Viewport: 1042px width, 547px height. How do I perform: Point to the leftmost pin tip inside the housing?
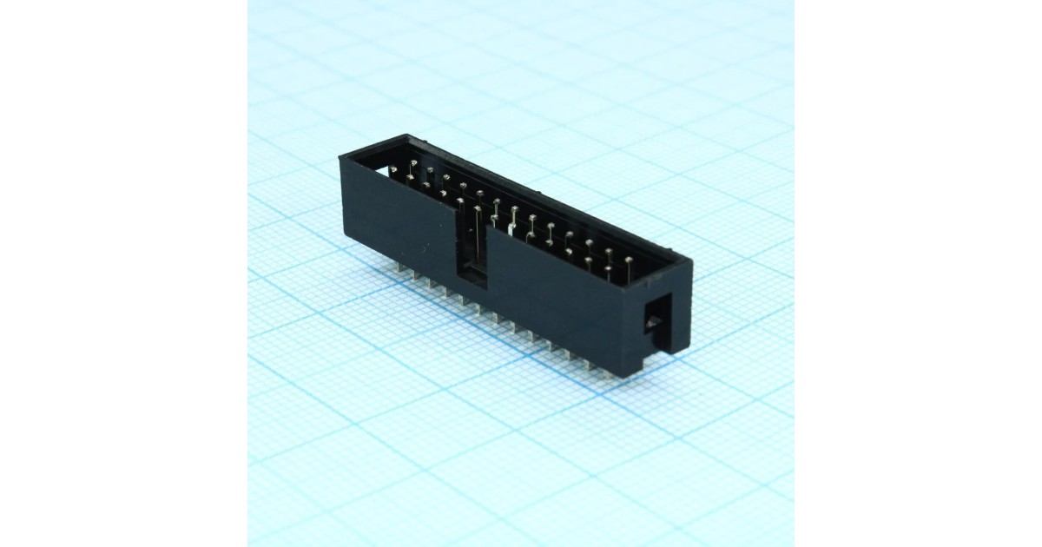point(409,177)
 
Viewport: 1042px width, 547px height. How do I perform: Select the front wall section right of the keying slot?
point(564,304)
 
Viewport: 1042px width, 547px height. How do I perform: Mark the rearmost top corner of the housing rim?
point(406,135)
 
